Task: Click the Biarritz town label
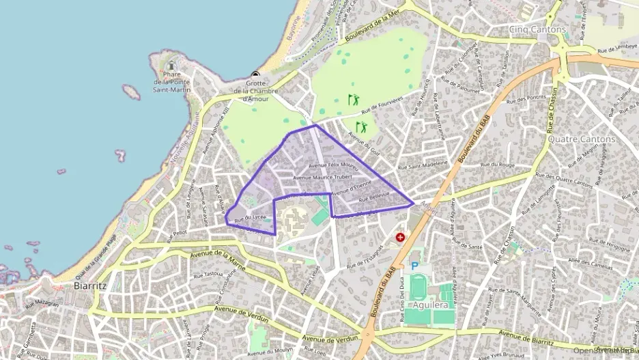(x=89, y=286)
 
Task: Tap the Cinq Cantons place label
(x=538, y=29)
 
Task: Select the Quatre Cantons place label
(x=582, y=139)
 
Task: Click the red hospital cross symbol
(x=400, y=238)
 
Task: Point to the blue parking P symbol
(x=414, y=266)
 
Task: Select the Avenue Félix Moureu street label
(x=333, y=165)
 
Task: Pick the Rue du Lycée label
(x=250, y=217)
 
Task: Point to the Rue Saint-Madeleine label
(x=422, y=165)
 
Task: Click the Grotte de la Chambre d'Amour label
(x=255, y=92)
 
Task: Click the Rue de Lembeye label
(x=617, y=49)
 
